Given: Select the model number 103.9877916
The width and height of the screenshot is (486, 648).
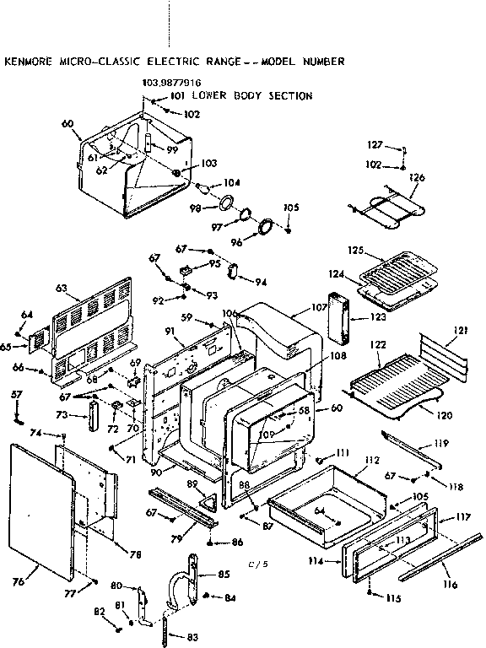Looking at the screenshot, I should (172, 84).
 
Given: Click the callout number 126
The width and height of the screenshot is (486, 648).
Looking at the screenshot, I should (415, 178).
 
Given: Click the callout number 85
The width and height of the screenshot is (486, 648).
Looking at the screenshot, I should (224, 575).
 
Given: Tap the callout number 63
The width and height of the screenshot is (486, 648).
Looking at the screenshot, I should (61, 289).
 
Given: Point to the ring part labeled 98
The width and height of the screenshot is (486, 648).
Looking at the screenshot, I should (225, 202).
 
